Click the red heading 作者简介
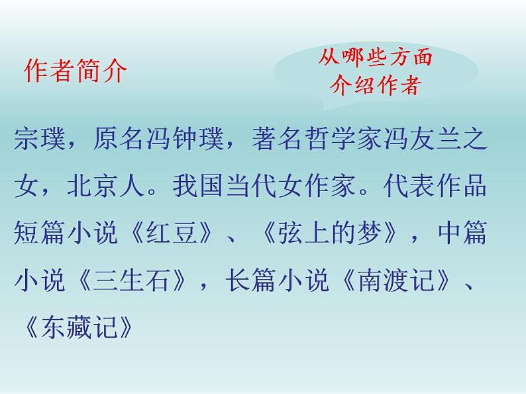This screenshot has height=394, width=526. click(x=74, y=71)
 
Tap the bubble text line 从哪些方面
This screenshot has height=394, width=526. click(x=375, y=59)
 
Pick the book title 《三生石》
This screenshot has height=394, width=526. click(x=132, y=280)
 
